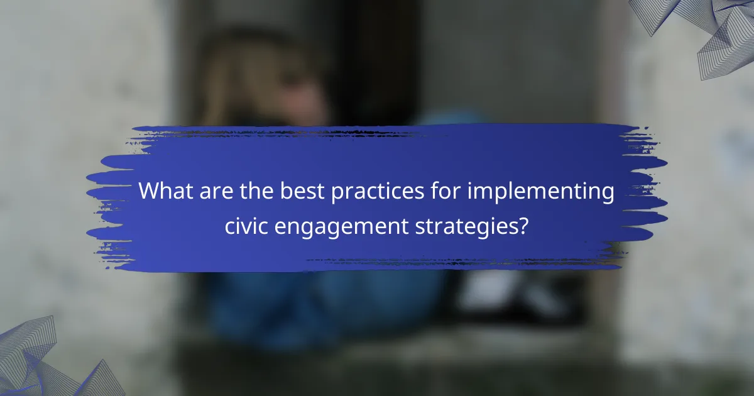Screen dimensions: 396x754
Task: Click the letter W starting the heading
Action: coord(148,191)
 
